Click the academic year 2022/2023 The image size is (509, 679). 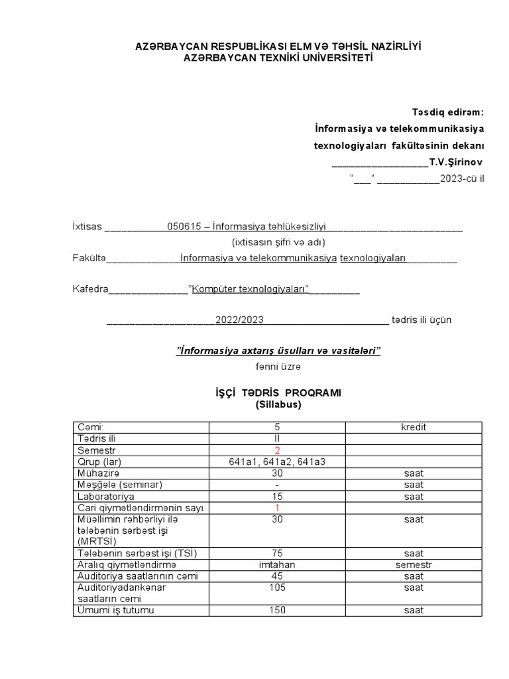point(239,320)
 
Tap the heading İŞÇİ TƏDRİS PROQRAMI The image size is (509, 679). point(278,393)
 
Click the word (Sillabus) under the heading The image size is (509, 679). point(278,404)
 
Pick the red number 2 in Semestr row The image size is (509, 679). point(277,450)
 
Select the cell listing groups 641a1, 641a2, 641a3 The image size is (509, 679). point(277,462)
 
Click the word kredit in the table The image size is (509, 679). point(414,427)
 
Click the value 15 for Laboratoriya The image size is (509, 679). point(277,496)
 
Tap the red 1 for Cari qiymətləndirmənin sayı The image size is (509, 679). point(277,508)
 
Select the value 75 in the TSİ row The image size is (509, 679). point(277,553)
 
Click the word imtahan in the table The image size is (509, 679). point(277,565)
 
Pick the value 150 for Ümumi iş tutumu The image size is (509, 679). point(277,610)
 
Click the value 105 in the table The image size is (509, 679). point(277,587)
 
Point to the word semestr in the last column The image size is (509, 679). point(414,565)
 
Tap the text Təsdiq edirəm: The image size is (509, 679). point(448,111)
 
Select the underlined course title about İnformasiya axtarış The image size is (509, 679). point(278,350)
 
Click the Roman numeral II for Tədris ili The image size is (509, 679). point(277,438)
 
